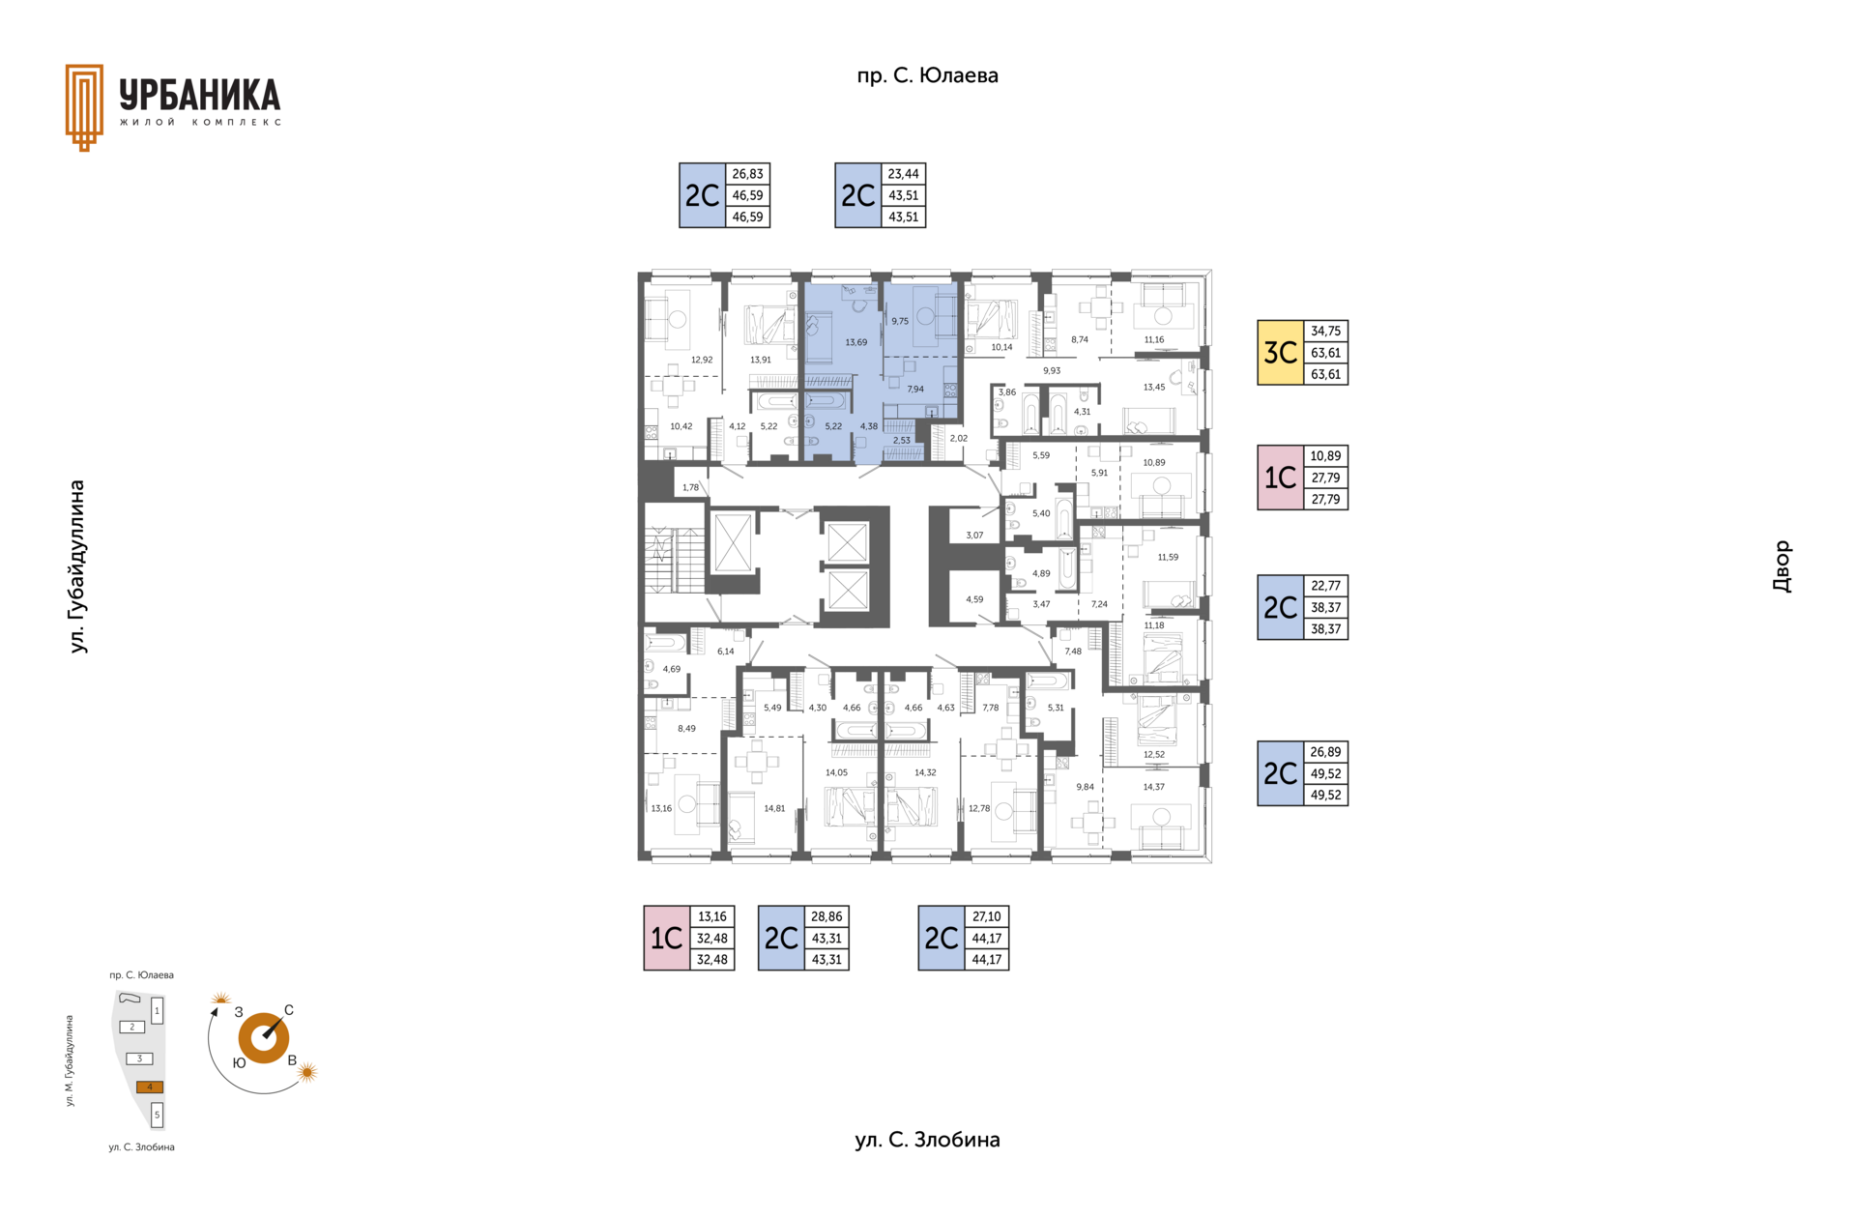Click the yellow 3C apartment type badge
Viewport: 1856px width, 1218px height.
(1281, 353)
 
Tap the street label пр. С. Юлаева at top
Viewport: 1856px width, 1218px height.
(927, 75)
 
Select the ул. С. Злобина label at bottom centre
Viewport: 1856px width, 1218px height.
(927, 1140)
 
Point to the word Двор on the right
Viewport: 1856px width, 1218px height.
(1782, 566)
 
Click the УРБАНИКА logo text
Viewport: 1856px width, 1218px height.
(200, 95)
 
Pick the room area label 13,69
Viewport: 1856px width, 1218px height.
(855, 342)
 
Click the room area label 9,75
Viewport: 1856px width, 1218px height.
(900, 321)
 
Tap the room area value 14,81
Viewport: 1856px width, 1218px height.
(774, 808)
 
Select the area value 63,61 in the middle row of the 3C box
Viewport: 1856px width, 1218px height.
(1325, 353)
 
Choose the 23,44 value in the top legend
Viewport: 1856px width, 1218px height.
(903, 174)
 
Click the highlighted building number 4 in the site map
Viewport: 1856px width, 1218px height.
(150, 1087)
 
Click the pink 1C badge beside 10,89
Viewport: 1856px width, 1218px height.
(1281, 478)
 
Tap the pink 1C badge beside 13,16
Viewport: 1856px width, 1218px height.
(667, 938)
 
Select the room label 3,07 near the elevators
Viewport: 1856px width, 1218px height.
(974, 536)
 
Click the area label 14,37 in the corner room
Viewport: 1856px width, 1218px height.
(1153, 787)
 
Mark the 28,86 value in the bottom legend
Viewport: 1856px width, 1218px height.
(826, 916)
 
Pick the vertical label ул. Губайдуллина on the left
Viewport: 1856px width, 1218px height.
(77, 566)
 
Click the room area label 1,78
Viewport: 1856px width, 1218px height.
(690, 487)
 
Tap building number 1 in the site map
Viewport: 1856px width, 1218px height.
(158, 1011)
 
